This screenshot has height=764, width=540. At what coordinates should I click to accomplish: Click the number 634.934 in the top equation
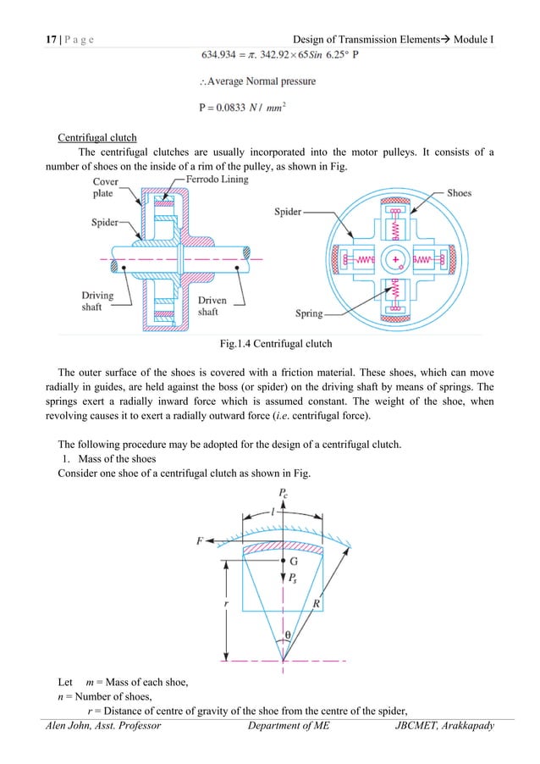click(223, 57)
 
